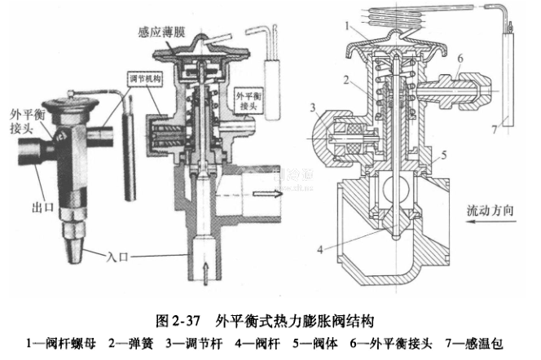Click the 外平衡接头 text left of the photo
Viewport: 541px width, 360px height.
(22, 120)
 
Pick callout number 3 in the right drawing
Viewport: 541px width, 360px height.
(313, 108)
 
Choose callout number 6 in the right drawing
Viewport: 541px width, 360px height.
(460, 59)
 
